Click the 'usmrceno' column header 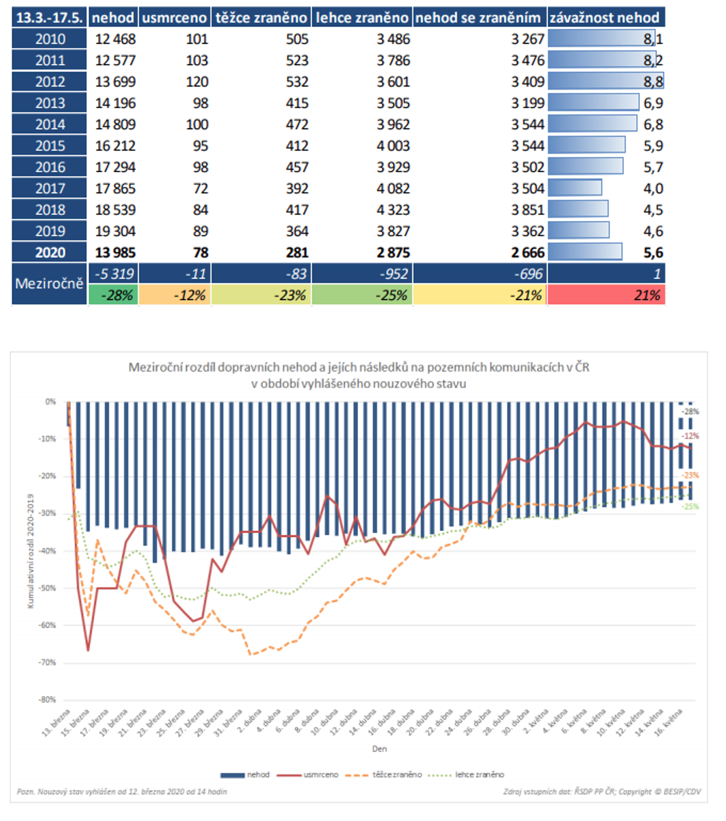(x=174, y=18)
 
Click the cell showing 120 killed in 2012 (x=197, y=82)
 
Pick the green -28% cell (x=113, y=295)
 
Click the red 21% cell (x=606, y=295)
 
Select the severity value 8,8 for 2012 (x=653, y=82)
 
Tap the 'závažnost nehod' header (x=605, y=18)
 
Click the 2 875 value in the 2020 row (x=393, y=253)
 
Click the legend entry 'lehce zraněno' (x=479, y=774)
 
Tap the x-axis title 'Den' (x=379, y=749)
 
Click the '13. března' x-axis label (x=56, y=723)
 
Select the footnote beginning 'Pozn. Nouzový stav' (x=122, y=792)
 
